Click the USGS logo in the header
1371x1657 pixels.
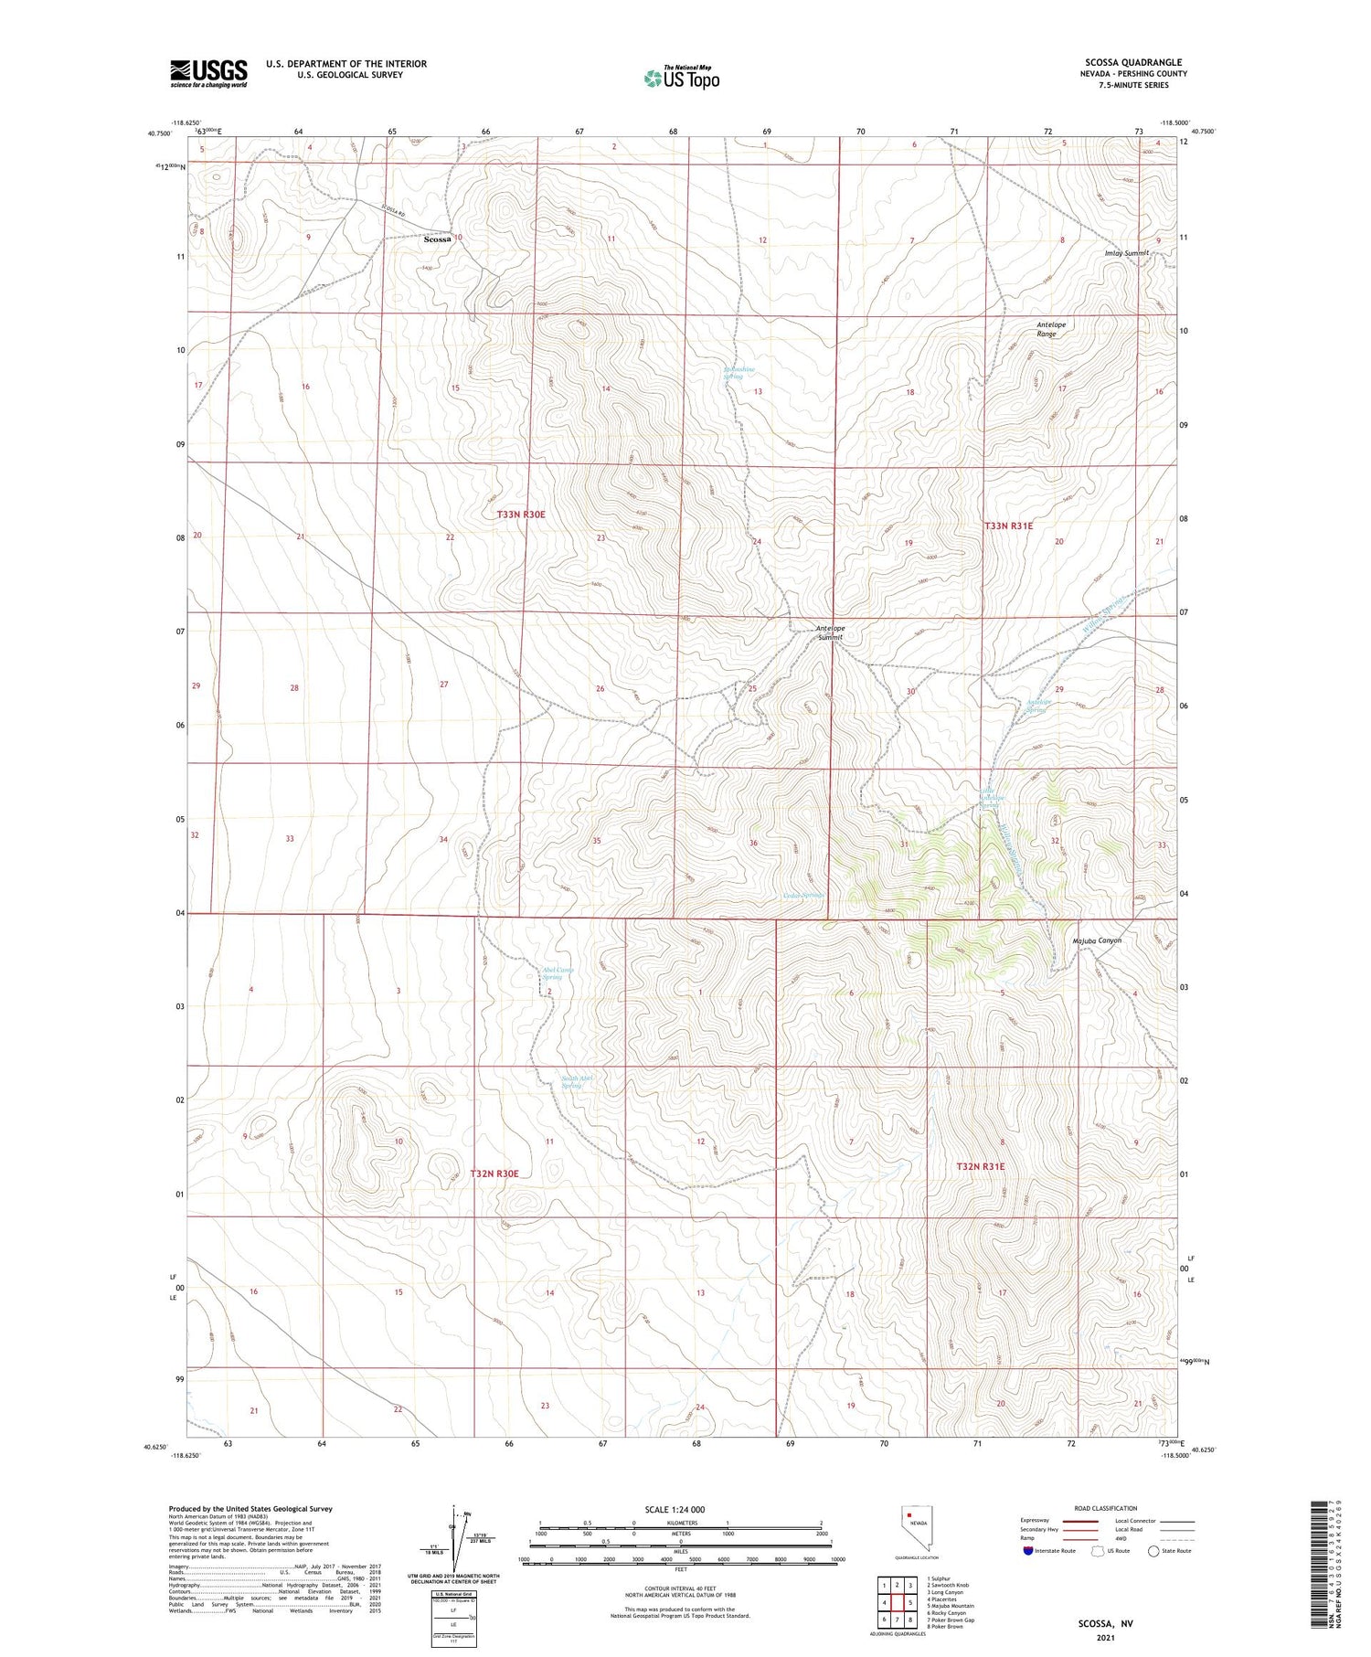coord(208,73)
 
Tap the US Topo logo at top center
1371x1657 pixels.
coord(681,78)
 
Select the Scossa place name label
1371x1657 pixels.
coord(437,239)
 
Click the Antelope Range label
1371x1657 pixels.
coord(1050,329)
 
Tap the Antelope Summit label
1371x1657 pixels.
coord(829,632)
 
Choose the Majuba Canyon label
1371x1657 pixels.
coord(1096,940)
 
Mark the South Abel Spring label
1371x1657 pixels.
coord(576,1082)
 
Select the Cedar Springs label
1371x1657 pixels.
coord(804,895)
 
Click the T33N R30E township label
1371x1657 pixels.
coord(520,515)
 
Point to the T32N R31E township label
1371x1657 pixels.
coord(980,1166)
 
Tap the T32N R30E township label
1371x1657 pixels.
coord(494,1173)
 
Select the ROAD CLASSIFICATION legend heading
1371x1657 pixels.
coord(1105,1508)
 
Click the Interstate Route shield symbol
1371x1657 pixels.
coord(1028,1550)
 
